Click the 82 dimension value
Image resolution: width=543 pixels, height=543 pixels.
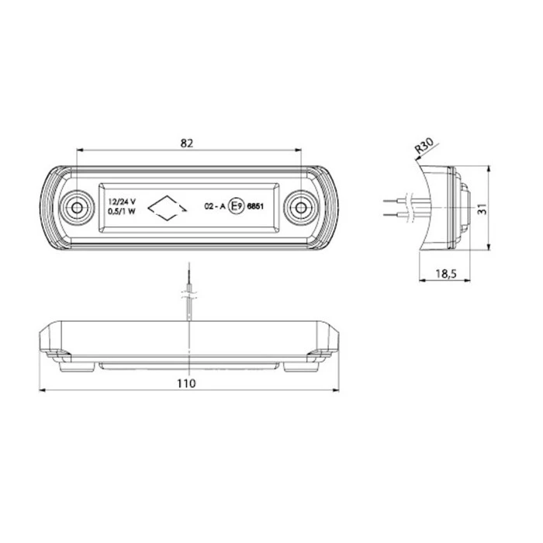186,142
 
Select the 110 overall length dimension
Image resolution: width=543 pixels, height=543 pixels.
186,382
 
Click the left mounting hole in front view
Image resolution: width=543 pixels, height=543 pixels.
77,207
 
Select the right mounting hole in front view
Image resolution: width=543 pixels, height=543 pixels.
299,207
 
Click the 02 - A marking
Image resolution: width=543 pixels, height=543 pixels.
214,207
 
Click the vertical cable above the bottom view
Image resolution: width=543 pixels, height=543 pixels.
188,295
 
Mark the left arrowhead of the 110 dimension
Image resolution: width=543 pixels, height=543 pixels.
42,391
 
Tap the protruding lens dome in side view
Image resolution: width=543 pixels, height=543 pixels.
464,207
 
